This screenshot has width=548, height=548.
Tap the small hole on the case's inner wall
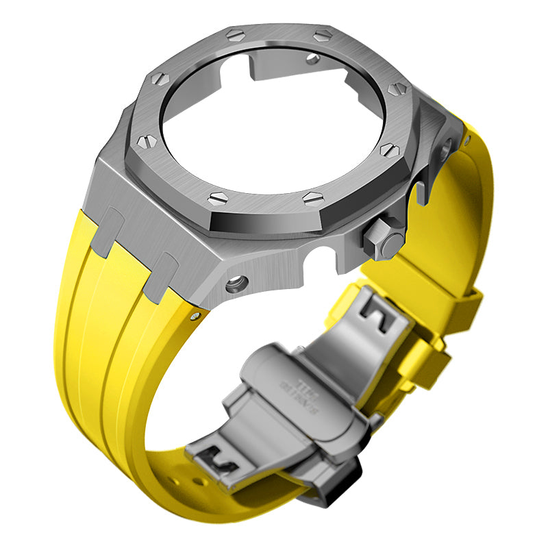(313, 58)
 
